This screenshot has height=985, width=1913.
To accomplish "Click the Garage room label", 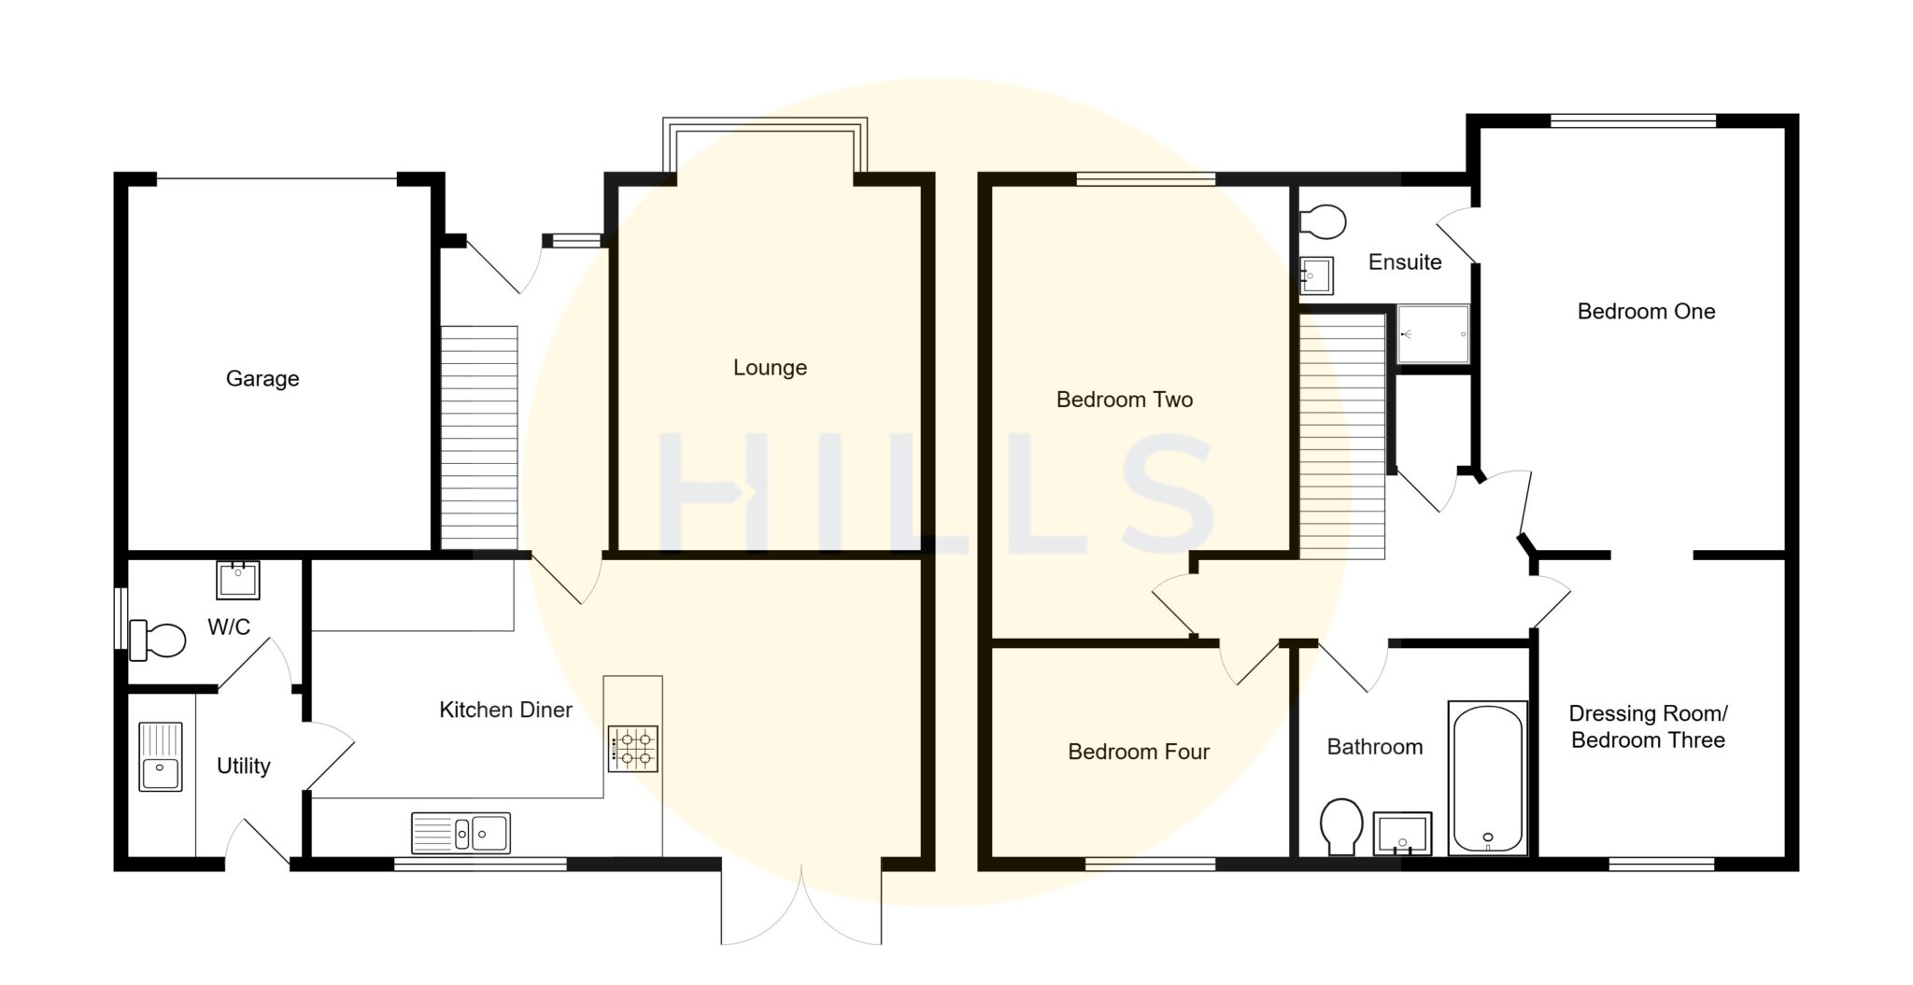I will (x=262, y=379).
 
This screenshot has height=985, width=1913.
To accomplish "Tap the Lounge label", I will (x=770, y=368).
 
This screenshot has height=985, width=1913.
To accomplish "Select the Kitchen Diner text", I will (x=505, y=711).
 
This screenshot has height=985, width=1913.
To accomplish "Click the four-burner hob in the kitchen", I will (x=633, y=749).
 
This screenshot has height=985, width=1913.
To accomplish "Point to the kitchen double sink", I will (x=461, y=833).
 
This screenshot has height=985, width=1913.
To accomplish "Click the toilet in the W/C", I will (x=157, y=640).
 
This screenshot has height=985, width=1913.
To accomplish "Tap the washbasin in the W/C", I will (x=237, y=580).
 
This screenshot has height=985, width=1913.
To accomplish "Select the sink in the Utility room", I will (x=161, y=756).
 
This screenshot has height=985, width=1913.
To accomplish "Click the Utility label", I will (x=243, y=767).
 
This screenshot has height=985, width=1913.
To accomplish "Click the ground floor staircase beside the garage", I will (x=479, y=437).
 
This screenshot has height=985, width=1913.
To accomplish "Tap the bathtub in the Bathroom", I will (x=1488, y=779).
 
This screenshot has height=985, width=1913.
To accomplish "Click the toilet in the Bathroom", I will (x=1342, y=825).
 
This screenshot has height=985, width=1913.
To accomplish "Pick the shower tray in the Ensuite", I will (x=1433, y=334).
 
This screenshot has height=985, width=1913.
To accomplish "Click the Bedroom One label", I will (x=1646, y=312).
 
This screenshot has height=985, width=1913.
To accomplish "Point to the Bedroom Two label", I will (x=1124, y=401).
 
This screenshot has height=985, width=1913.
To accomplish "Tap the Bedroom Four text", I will (x=1138, y=753).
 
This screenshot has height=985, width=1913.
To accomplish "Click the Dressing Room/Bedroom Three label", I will (x=1648, y=727).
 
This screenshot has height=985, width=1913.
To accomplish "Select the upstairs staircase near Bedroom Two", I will (x=1342, y=436).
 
